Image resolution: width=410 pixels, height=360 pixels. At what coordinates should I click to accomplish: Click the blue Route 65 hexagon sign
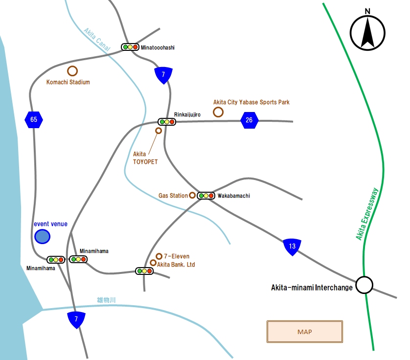tap(34, 120)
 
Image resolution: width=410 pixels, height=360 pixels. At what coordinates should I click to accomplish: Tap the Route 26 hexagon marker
tap(249, 120)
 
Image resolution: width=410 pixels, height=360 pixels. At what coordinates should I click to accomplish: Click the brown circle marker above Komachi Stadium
tap(72, 71)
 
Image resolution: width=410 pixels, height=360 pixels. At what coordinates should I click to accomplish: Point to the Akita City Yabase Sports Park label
tap(251, 102)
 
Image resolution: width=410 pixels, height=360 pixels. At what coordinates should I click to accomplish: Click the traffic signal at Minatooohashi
tap(130, 47)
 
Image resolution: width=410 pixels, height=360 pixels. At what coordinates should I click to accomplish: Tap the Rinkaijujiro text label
tap(187, 114)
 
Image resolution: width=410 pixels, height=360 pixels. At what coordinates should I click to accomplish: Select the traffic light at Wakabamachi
tap(206, 196)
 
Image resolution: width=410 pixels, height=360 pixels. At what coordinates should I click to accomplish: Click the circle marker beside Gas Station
tap(192, 195)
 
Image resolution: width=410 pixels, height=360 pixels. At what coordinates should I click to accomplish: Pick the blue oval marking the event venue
tap(43, 237)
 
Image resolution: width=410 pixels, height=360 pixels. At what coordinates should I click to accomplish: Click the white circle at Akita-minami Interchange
tap(364, 285)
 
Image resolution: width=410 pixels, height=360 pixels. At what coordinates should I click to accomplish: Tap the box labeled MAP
tap(305, 332)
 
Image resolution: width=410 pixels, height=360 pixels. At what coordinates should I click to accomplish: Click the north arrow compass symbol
tap(367, 32)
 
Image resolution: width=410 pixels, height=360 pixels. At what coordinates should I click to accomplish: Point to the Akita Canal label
tap(97, 40)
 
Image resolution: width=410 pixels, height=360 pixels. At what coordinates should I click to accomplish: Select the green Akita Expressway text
tap(367, 214)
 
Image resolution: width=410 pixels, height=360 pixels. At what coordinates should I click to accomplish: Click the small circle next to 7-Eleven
tap(159, 256)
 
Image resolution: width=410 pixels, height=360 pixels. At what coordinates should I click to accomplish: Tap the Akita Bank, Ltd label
tap(176, 265)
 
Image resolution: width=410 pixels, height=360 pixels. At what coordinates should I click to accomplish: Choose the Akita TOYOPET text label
tap(145, 158)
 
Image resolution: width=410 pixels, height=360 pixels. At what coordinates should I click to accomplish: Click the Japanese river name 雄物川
tap(106, 300)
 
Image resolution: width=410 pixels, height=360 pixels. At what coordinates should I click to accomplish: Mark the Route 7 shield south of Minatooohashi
tap(163, 75)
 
